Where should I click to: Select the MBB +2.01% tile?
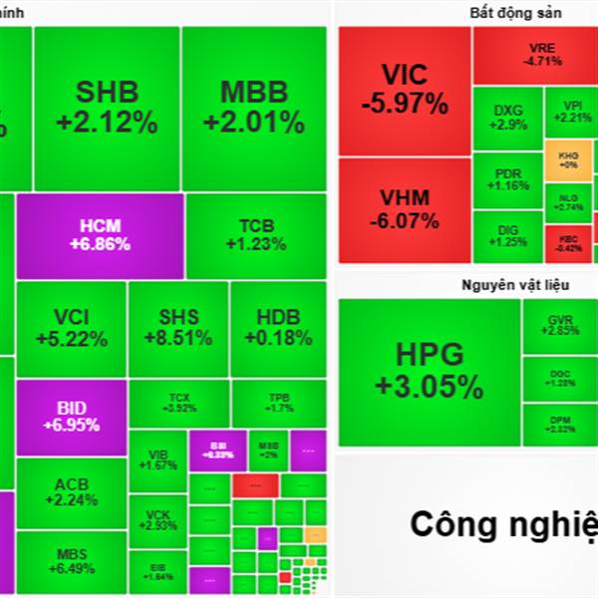(x=253, y=108)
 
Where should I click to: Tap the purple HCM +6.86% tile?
(x=100, y=235)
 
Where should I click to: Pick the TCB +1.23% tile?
(x=255, y=235)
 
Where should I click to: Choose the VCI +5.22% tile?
(x=72, y=328)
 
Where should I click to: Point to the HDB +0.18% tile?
(x=278, y=328)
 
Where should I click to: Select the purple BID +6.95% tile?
(x=72, y=417)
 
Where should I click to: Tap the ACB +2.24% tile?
(x=72, y=493)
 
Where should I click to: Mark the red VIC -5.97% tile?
(x=405, y=90)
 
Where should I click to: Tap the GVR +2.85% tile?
(x=561, y=326)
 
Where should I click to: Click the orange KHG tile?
(x=568, y=159)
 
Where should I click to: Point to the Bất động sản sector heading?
(x=515, y=13)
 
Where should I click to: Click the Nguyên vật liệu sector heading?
(x=515, y=285)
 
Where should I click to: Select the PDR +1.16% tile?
(x=507, y=179)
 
